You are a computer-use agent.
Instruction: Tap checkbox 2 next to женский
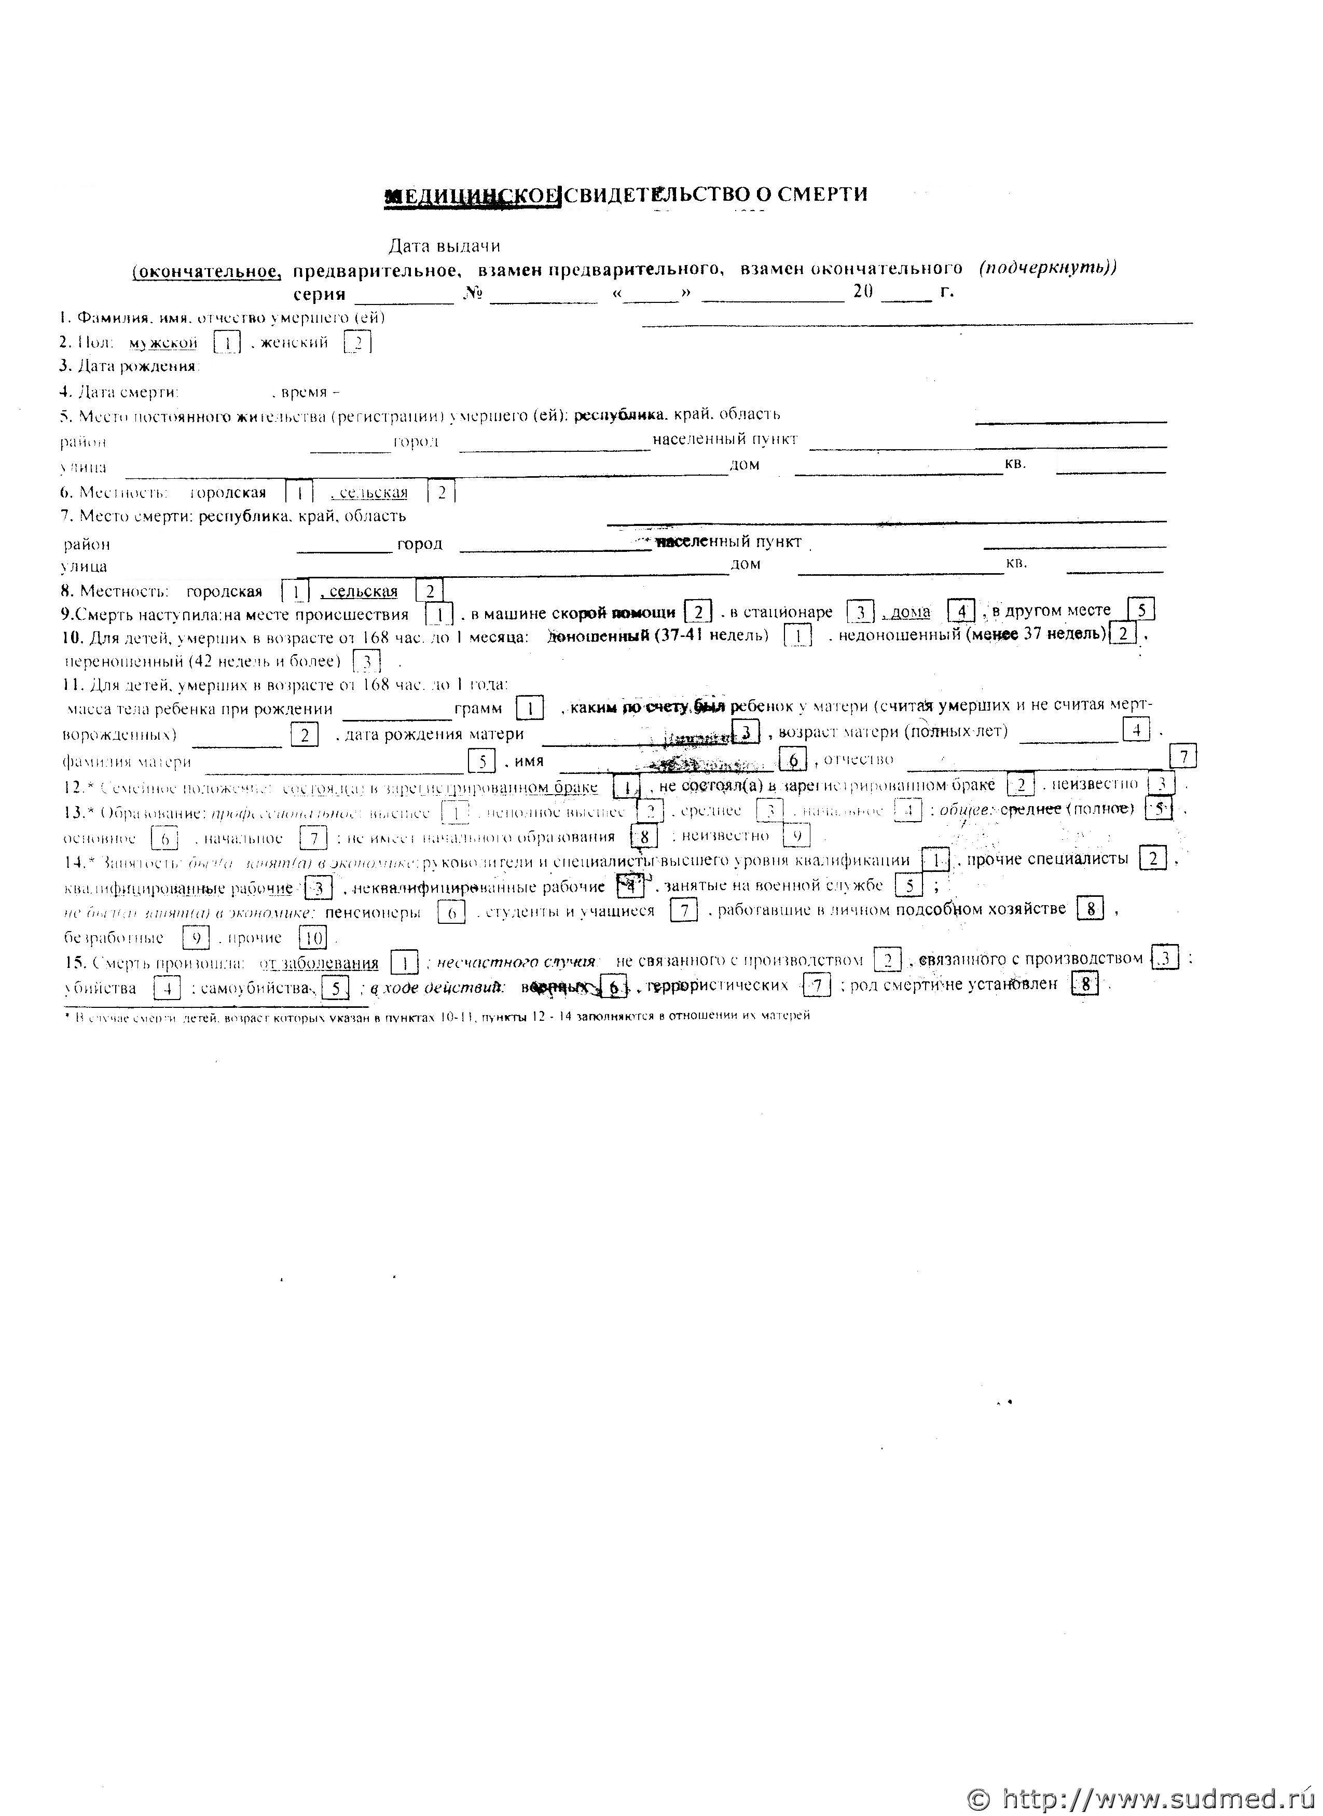tap(357, 343)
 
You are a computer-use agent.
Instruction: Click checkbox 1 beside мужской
tap(227, 343)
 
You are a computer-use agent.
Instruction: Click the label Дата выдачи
tap(445, 246)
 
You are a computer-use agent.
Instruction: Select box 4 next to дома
tap(960, 612)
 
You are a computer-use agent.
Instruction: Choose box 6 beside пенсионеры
tap(452, 912)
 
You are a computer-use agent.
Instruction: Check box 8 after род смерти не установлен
tap(1084, 984)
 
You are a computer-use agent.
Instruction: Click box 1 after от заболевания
tap(405, 962)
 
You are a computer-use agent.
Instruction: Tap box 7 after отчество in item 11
tap(1183, 757)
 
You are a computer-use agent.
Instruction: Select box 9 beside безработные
tap(196, 937)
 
